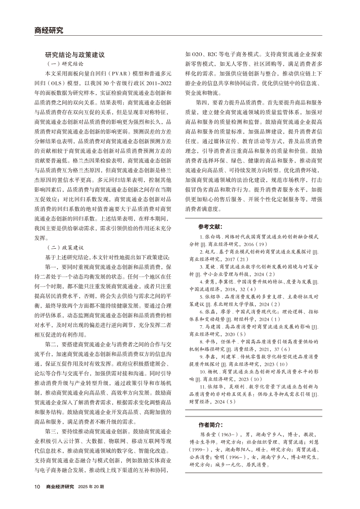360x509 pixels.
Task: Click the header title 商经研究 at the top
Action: click(49, 30)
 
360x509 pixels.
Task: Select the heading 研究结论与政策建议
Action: click(75, 55)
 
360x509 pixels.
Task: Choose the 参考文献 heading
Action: click(210, 227)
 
